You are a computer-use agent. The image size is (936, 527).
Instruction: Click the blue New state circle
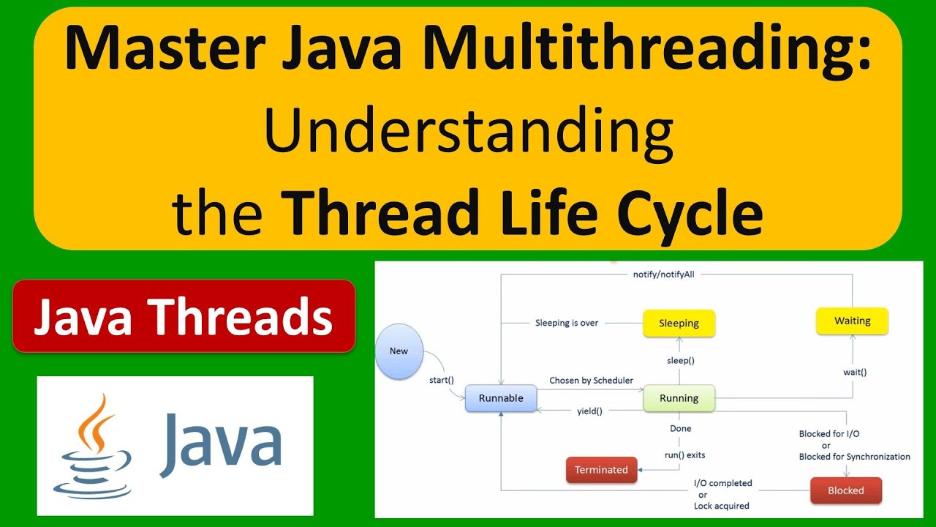pos(399,351)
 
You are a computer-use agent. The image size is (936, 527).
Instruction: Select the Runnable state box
pos(501,398)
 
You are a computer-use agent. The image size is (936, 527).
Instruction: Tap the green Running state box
pos(679,398)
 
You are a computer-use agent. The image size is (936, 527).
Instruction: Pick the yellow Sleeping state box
pos(679,323)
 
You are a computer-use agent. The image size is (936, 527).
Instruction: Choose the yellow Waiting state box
pos(852,321)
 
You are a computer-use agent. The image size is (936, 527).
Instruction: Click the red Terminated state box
pos(601,470)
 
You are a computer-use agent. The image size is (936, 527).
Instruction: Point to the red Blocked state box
pos(845,490)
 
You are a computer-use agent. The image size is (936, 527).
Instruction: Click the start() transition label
pos(442,380)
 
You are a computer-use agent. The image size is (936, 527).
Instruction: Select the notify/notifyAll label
pos(663,274)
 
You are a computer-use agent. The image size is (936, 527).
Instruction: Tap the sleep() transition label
pos(680,360)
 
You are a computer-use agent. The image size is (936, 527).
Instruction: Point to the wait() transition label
pos(854,372)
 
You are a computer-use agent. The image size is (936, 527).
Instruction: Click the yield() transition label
pos(589,411)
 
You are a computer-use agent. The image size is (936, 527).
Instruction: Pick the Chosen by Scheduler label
pos(591,381)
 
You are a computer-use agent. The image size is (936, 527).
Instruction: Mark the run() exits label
pos(684,455)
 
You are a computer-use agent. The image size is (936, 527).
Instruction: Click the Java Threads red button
pos(184,317)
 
